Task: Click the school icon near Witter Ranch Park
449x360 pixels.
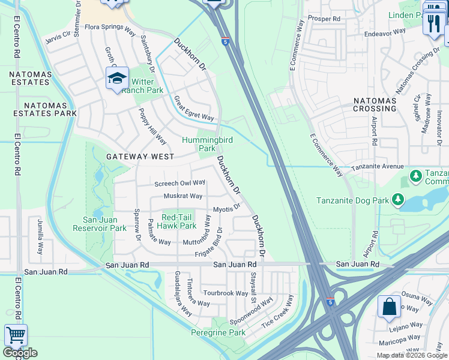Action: (118, 79)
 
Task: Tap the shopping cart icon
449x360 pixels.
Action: (16, 335)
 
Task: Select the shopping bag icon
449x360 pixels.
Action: (389, 307)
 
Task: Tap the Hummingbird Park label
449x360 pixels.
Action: (207, 144)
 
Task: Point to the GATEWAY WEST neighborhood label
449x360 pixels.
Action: (140, 157)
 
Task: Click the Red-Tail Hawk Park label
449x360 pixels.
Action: (179, 222)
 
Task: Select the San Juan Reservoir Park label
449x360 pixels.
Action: (100, 224)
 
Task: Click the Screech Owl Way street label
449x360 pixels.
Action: (180, 183)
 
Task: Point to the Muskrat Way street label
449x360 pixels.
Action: (183, 196)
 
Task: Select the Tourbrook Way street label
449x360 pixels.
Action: (225, 293)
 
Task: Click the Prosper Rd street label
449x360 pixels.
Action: (324, 19)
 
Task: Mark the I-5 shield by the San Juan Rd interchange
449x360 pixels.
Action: (331, 302)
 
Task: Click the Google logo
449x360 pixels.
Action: (20, 353)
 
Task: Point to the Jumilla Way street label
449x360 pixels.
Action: (40, 237)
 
